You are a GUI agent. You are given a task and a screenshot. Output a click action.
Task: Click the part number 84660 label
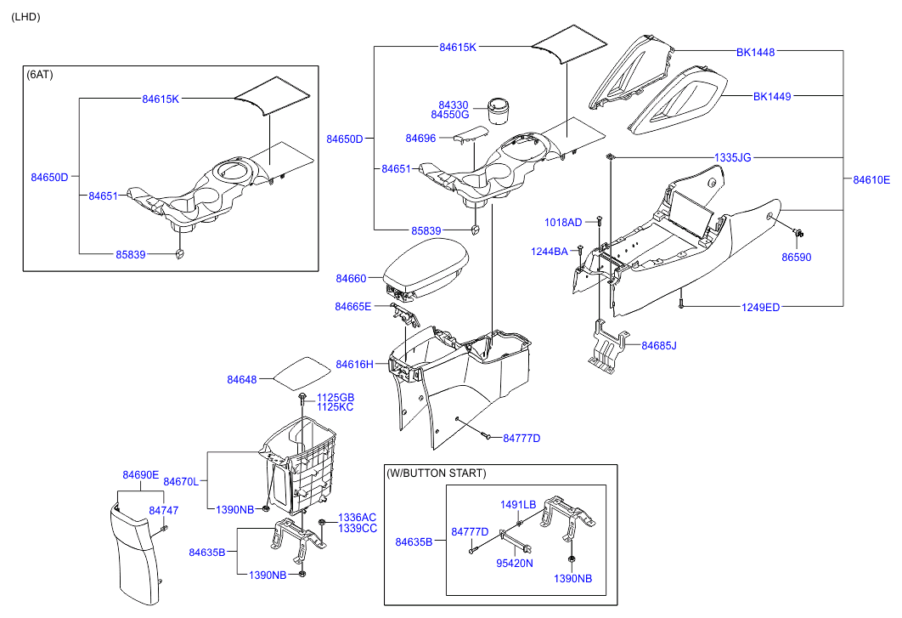pyautogui.click(x=351, y=278)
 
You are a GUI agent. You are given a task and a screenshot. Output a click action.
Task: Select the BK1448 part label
pyautogui.click(x=755, y=52)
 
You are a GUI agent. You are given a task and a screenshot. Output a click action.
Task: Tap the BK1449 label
pyautogui.click(x=771, y=96)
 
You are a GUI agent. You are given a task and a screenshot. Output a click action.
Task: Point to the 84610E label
pyautogui.click(x=871, y=179)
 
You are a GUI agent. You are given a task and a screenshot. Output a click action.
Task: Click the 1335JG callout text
pyautogui.click(x=732, y=157)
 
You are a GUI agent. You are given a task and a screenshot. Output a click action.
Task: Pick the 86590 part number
pyautogui.click(x=796, y=256)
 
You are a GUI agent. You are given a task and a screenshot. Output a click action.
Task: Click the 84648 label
pyautogui.click(x=242, y=379)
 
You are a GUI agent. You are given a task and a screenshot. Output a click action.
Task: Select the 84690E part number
pyautogui.click(x=140, y=474)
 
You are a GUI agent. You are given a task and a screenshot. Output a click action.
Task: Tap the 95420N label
pyautogui.click(x=515, y=563)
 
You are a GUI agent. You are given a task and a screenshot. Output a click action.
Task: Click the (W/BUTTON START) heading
pyautogui.click(x=436, y=473)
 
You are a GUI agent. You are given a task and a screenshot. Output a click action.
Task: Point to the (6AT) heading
pyautogui.click(x=40, y=74)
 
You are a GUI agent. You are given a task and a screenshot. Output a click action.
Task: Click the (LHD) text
pyautogui.click(x=25, y=17)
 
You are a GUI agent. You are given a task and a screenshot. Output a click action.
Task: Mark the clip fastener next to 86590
pyautogui.click(x=798, y=232)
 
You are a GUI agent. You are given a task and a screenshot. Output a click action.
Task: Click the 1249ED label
pyautogui.click(x=761, y=307)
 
